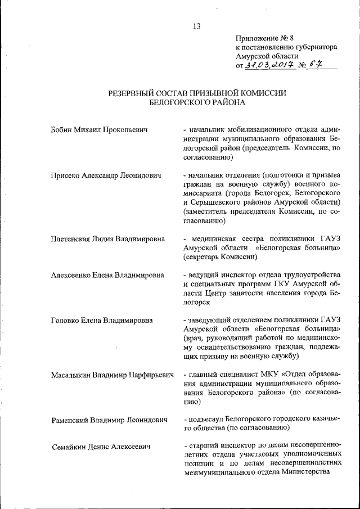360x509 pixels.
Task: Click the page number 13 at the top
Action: coord(196,25)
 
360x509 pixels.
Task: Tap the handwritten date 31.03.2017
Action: coord(266,65)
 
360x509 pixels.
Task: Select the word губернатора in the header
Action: coord(314,47)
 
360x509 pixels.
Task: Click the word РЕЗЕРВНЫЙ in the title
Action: coord(123,93)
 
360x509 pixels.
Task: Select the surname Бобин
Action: coord(61,130)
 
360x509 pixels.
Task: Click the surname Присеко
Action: coord(66,175)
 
